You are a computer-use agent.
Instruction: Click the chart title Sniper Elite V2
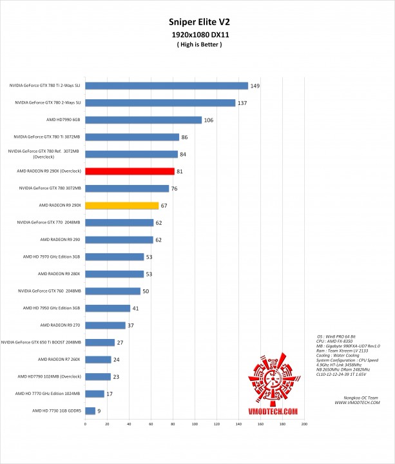197,21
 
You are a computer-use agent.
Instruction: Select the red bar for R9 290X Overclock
130,171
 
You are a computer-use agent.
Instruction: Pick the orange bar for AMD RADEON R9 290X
122,206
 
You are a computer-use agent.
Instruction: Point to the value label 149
256,85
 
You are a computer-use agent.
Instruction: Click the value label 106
209,119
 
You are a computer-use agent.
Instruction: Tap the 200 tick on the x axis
304,424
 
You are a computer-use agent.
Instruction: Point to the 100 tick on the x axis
195,424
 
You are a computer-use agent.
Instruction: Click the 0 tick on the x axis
85,424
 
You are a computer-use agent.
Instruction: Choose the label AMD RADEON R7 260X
60,359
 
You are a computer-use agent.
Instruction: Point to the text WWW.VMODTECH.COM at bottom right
356,403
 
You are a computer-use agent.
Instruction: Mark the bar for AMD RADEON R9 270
105,325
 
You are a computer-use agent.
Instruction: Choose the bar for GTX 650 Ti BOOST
100,342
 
